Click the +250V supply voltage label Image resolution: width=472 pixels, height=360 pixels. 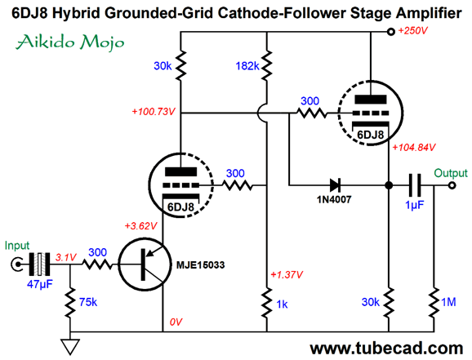[412, 31]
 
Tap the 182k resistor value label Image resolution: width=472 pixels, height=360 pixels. [247, 66]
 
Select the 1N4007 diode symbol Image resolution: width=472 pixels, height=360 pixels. [335, 185]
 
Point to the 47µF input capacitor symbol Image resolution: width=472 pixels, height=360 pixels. [39, 264]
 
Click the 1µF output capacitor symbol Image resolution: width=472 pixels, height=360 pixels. [415, 185]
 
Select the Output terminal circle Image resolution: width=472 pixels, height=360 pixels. [452, 185]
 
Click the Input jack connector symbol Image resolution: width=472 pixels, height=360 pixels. [16, 264]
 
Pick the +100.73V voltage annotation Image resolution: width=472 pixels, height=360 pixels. [154, 112]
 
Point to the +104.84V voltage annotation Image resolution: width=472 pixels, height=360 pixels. [414, 148]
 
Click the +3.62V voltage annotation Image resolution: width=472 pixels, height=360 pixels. [141, 226]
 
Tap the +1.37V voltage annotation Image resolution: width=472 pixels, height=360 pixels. [287, 274]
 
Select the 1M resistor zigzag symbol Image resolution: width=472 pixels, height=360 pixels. [434, 303]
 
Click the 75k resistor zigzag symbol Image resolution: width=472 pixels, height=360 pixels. [70, 303]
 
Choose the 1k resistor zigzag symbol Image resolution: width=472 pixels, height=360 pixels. [267, 303]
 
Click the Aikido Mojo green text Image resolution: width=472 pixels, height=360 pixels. [70, 42]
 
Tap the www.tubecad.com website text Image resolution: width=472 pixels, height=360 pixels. [386, 349]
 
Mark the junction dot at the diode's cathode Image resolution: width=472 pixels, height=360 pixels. [389, 185]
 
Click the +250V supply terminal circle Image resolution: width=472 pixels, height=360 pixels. [390, 32]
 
